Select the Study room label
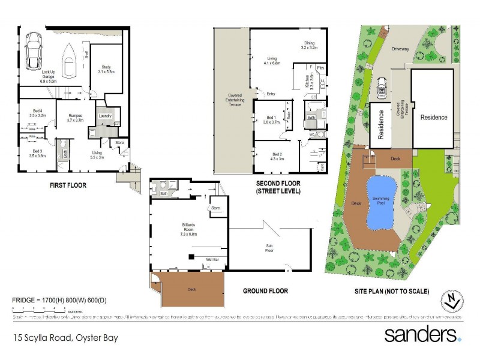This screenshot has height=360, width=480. coord(106,70)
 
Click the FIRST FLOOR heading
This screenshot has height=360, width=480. coord(68,186)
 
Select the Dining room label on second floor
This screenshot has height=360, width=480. coord(309,44)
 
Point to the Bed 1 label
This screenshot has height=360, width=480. coord(271,119)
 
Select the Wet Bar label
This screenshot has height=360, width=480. coord(212,259)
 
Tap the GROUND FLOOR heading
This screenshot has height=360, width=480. coord(265,291)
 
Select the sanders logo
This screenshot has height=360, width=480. coord(422,334)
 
